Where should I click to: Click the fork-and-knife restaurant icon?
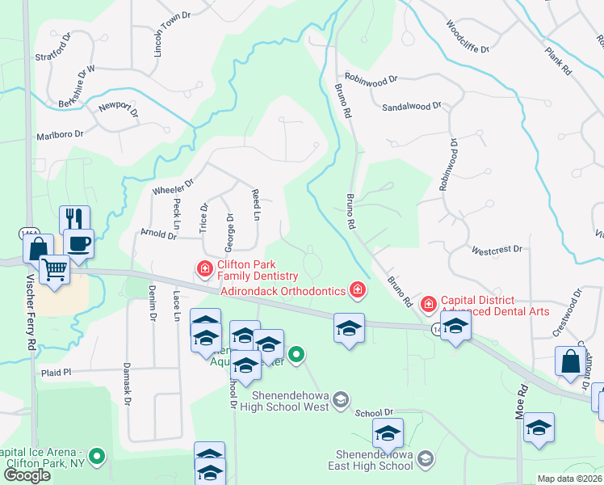click(x=74, y=219)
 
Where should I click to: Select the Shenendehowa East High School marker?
click(x=426, y=459)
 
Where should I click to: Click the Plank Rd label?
click(x=558, y=61)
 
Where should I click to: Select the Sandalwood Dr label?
click(x=412, y=106)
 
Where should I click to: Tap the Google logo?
click(x=27, y=474)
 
